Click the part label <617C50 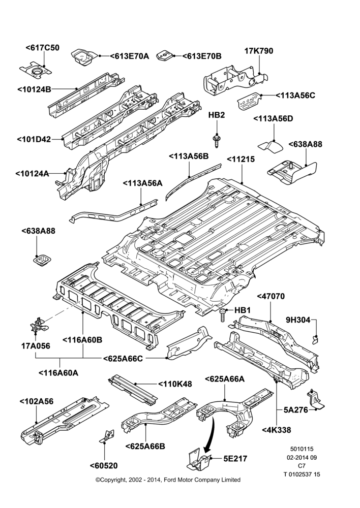coord(43,48)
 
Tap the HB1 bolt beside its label coord(222,315)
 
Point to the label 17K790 coord(259,51)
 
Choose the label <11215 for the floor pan coord(241,160)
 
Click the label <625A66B coord(145,446)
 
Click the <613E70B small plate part coord(165,55)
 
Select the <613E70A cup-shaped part coord(83,57)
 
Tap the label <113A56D coord(273,118)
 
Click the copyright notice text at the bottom coord(168,480)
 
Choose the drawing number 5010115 coord(302,449)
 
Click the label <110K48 coord(175,384)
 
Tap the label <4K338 coord(276,430)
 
